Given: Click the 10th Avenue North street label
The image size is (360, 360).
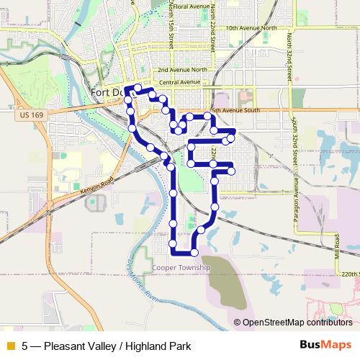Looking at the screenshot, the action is point(251,28).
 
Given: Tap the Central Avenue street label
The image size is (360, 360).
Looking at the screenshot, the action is point(180,82).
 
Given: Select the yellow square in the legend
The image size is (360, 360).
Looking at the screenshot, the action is point(10,346).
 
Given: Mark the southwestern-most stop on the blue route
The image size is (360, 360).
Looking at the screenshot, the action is point(174,252).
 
